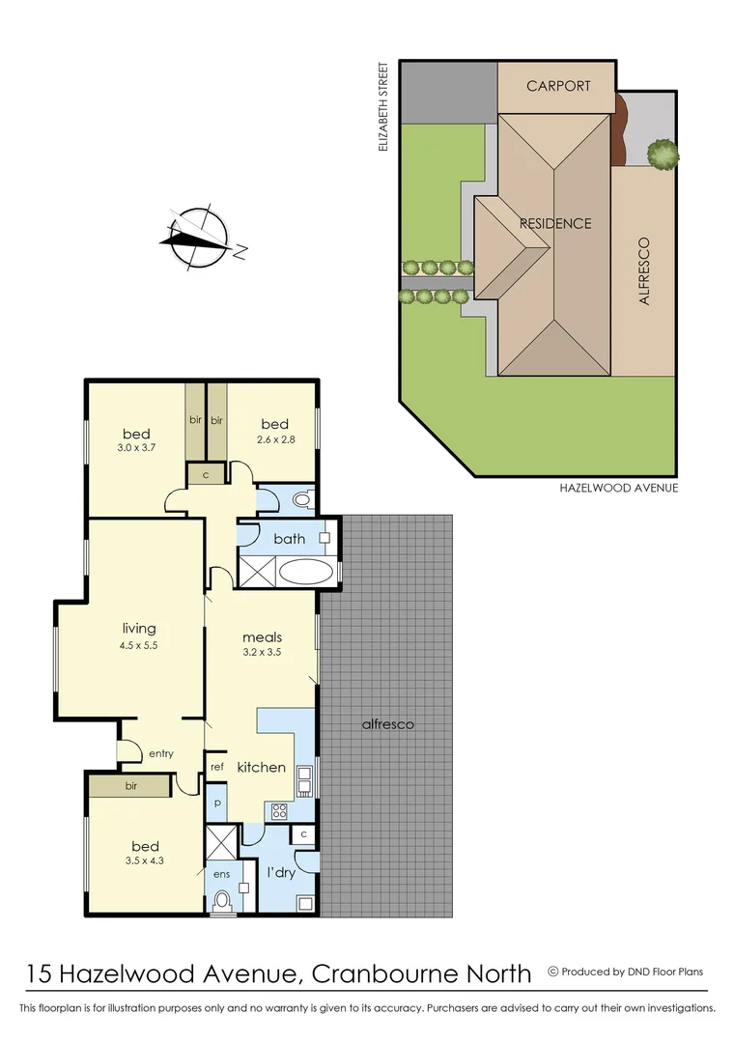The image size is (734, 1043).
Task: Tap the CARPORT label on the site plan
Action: point(558,86)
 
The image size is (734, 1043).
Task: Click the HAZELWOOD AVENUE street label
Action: point(619,488)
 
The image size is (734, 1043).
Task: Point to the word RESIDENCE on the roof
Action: point(555,223)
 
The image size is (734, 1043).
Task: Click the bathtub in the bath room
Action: point(305,570)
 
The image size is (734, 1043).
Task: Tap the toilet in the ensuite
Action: point(223,900)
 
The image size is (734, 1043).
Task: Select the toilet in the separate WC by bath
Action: point(301,500)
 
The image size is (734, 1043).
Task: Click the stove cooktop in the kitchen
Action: point(280,811)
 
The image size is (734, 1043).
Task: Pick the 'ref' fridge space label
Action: point(217,767)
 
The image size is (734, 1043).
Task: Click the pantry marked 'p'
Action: point(216,803)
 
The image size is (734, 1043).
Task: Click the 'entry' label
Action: point(160,753)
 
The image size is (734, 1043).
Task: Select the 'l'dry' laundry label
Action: point(280,872)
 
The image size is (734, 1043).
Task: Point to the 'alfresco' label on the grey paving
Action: point(387,723)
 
